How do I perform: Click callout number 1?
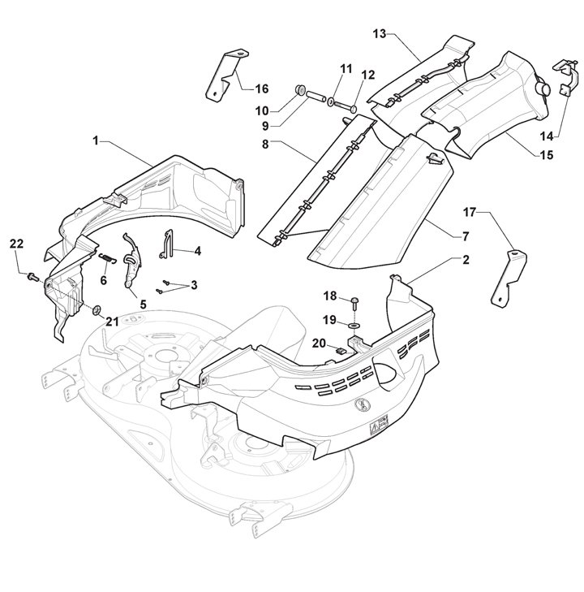pyautogui.click(x=96, y=140)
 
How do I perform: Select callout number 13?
pyautogui.click(x=380, y=33)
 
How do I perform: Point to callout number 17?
pyautogui.click(x=470, y=212)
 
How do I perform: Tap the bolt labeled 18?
pyautogui.click(x=357, y=302)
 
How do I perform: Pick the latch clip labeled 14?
pyautogui.click(x=563, y=77)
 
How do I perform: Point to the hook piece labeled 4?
pyautogui.click(x=168, y=246)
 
